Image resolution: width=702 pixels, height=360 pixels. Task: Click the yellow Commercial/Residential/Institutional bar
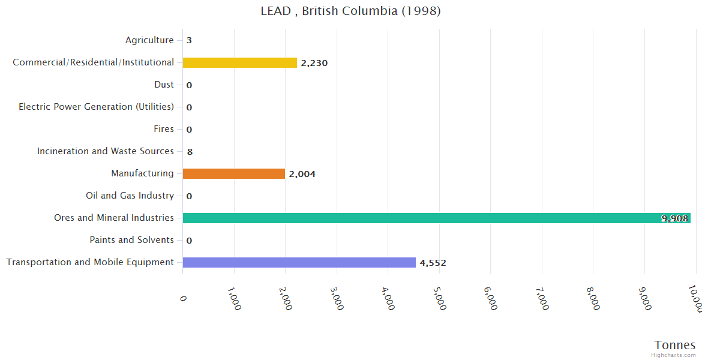[239, 62]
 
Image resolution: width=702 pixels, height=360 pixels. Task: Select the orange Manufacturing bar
[233, 173]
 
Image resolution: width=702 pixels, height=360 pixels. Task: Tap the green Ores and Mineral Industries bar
[436, 218]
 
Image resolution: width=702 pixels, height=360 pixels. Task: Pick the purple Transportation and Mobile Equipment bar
[299, 262]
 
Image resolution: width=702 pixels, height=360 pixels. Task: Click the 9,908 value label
[674, 218]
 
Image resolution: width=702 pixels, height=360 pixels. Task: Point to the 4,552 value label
[433, 263]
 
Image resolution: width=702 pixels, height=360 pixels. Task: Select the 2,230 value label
[314, 63]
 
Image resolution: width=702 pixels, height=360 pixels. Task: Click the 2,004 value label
[302, 174]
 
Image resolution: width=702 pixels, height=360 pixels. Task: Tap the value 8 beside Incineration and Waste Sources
[190, 152]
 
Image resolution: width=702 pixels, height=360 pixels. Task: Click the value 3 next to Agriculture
[189, 41]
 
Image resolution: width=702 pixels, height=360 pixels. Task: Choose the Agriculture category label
[149, 40]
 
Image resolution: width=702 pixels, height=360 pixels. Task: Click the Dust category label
[164, 85]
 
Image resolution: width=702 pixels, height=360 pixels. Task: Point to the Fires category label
[164, 129]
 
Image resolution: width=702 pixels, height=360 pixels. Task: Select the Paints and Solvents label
[131, 240]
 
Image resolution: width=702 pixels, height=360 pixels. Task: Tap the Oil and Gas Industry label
[130, 196]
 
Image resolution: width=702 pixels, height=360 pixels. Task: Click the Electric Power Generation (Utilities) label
[96, 107]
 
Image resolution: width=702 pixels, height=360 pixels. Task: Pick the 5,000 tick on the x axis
[439, 297]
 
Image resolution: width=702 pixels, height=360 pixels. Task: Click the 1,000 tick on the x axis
[234, 297]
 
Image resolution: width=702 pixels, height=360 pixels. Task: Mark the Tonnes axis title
[674, 345]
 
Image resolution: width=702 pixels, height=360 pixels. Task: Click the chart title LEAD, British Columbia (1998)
[350, 11]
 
